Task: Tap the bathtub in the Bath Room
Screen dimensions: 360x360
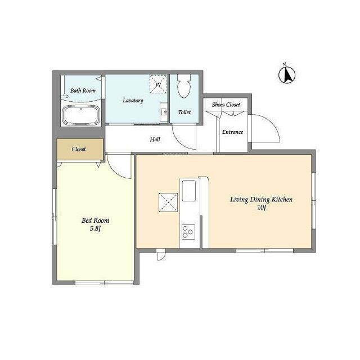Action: click(81, 115)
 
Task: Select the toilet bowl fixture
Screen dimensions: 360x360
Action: click(183, 88)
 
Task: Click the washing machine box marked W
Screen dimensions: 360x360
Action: click(158, 85)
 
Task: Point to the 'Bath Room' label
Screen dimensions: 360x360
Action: click(83, 91)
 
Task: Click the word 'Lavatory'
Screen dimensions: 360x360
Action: click(133, 101)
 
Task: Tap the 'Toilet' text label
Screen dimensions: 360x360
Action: click(184, 112)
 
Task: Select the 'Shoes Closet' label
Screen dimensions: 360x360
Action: click(226, 105)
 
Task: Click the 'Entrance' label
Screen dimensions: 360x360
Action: click(232, 132)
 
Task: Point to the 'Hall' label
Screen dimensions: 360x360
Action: click(155, 139)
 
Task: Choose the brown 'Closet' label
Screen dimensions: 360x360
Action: click(79, 150)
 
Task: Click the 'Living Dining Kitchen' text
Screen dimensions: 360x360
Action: click(260, 200)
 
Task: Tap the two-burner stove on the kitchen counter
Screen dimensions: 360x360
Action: click(187, 231)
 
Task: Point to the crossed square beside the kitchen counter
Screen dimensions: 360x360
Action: click(168, 201)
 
